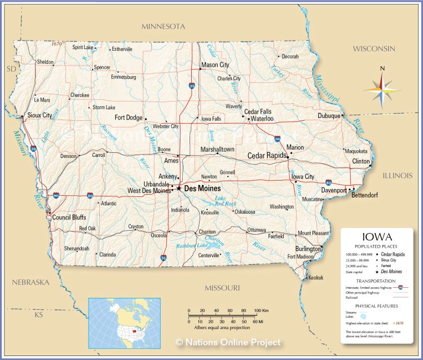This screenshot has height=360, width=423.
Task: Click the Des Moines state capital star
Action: coord(179,188)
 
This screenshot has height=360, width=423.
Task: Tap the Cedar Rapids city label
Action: coord(267,156)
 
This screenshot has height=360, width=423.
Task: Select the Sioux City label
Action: coord(39,115)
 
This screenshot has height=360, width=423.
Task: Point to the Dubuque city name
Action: coord(329,116)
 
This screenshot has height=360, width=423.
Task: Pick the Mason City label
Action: coord(215,65)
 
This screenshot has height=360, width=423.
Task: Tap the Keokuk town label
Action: coord(316,278)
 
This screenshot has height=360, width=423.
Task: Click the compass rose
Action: coord(382,88)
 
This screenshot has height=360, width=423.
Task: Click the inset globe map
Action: coord(124,322)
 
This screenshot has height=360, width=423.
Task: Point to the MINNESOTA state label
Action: coord(164,27)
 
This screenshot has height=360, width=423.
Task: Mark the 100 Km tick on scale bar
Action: coord(258,311)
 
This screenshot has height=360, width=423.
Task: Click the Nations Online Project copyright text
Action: coord(228,342)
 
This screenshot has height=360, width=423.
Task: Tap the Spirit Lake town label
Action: coord(83,47)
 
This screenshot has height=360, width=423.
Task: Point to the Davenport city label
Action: coord(334,191)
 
